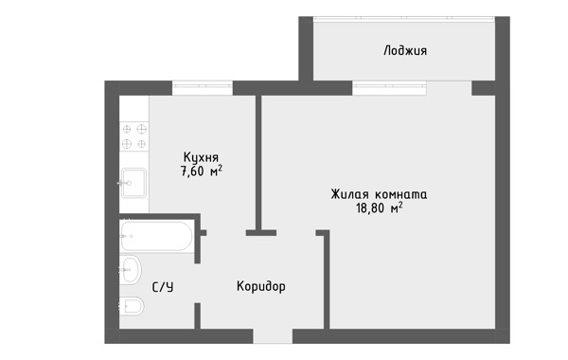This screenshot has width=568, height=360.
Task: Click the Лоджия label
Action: [405, 50]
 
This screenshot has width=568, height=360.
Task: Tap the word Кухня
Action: [201, 157]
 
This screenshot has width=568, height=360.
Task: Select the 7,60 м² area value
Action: [202, 171]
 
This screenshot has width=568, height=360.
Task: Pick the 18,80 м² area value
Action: [380, 208]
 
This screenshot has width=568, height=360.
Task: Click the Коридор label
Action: [261, 286]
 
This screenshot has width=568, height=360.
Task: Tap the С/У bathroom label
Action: [163, 287]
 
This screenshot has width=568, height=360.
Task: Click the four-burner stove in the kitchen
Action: [134, 136]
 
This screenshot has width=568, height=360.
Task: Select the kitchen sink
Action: [133, 183]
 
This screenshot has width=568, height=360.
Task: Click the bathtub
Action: [156, 236]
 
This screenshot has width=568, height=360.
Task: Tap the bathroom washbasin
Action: [131, 270]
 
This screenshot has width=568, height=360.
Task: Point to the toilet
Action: [132, 306]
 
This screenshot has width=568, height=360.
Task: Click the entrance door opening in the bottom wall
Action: [273, 336]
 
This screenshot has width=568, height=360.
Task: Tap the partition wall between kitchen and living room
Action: [258, 162]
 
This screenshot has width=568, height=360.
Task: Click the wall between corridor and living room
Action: [327, 279]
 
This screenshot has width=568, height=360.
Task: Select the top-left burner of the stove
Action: [127, 129]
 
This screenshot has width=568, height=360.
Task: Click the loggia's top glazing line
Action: [404, 17]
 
